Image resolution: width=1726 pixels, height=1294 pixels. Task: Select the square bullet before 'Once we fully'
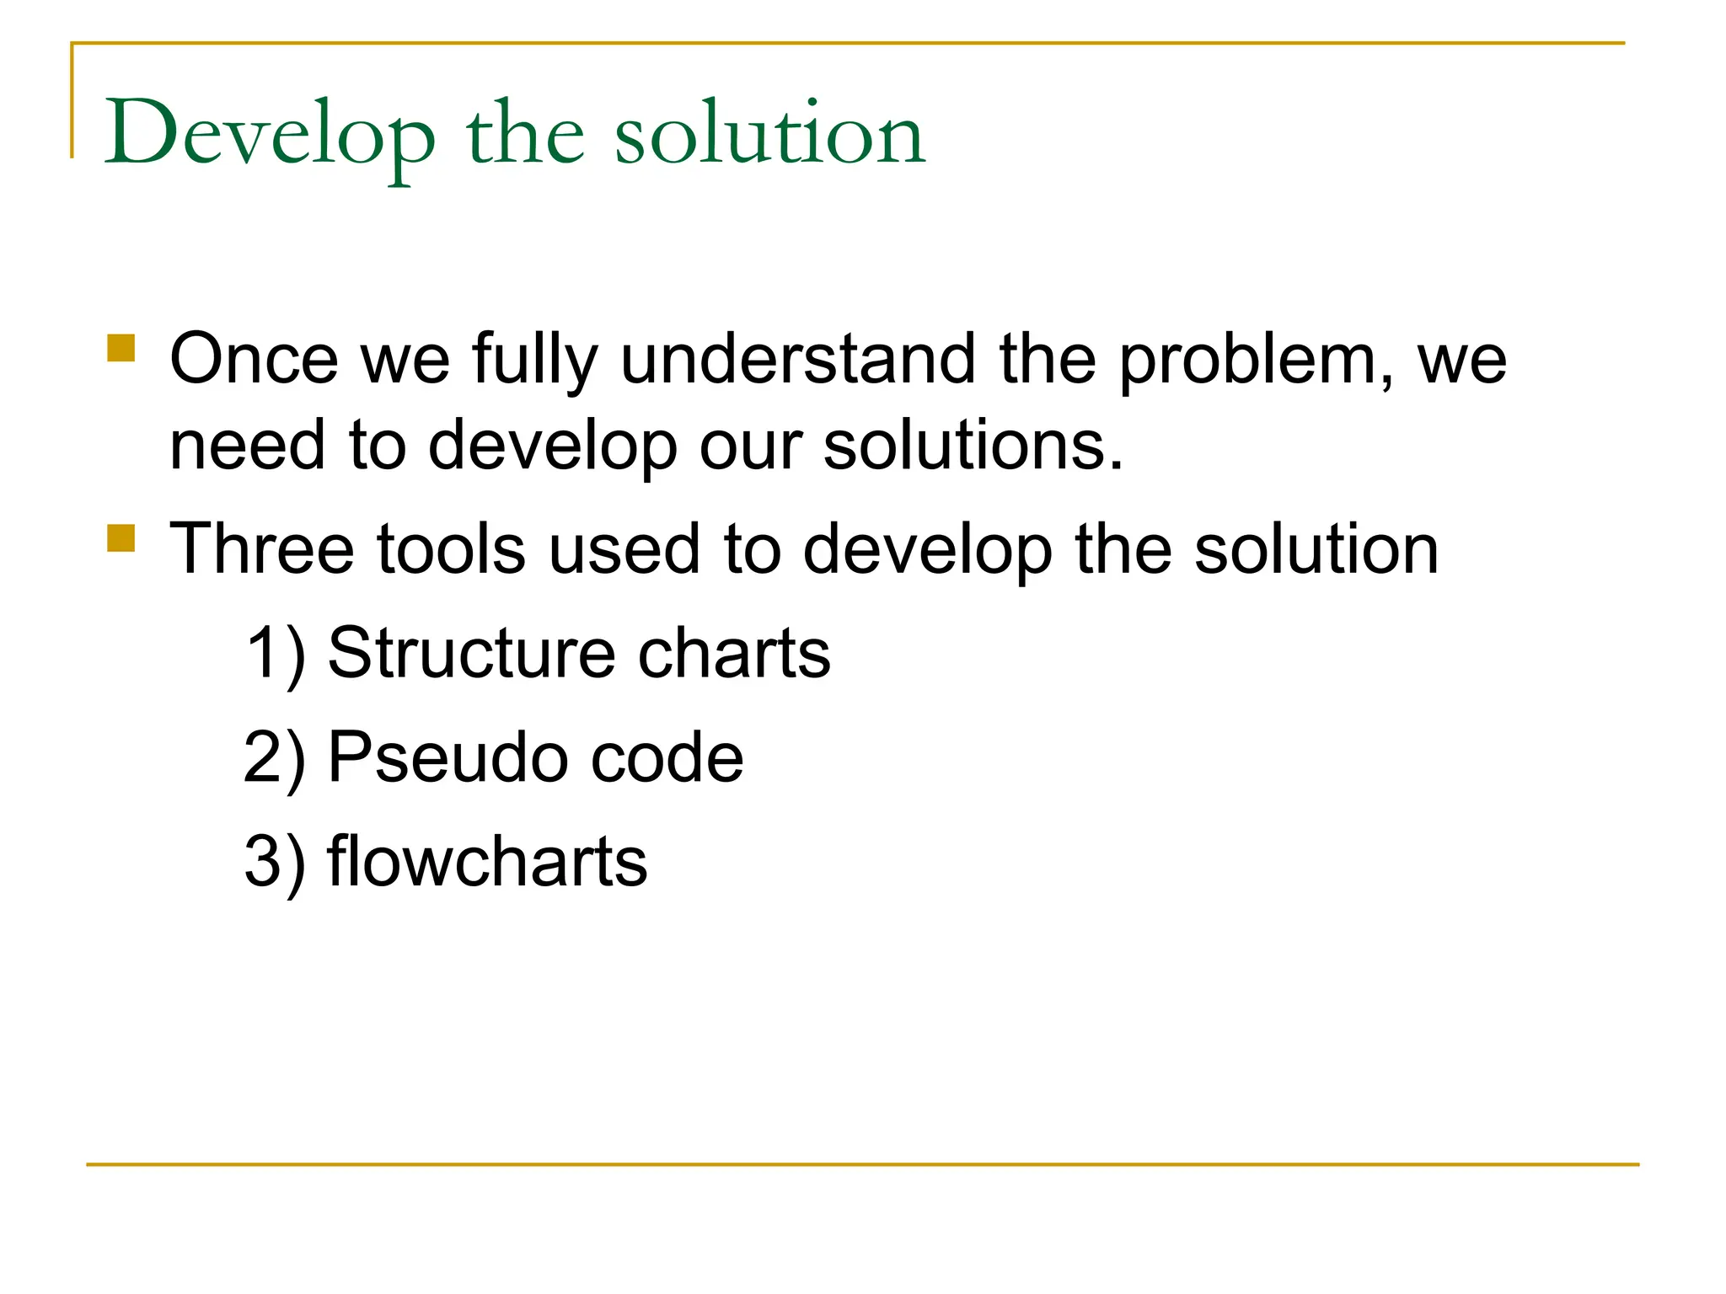click(x=121, y=348)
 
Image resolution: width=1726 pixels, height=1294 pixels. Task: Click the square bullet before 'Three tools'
click(x=121, y=537)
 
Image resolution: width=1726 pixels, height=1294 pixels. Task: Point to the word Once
click(x=254, y=360)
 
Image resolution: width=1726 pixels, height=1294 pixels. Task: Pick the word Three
click(x=261, y=549)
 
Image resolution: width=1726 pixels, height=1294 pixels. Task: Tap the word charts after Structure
click(x=734, y=654)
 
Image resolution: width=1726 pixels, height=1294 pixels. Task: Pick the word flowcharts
click(x=487, y=861)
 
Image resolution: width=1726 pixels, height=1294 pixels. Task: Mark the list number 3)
click(x=275, y=863)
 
